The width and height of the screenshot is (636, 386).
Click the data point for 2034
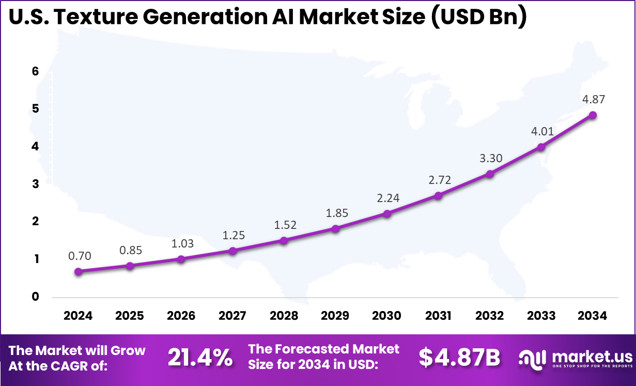click(593, 115)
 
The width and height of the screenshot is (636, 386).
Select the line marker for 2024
click(78, 271)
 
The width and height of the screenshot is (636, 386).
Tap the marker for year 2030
click(387, 213)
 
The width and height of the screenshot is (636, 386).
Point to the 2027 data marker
click(232, 251)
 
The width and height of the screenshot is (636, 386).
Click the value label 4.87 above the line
click(593, 100)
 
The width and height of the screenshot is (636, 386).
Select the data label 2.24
click(387, 198)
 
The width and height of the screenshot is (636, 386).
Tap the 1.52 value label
click(284, 225)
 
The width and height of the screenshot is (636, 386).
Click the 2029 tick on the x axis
click(335, 316)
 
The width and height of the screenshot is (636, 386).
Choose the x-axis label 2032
click(490, 316)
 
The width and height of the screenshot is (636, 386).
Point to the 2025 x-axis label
click(130, 316)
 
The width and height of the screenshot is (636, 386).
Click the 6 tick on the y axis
click(36, 72)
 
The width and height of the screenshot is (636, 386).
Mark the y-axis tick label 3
click(36, 184)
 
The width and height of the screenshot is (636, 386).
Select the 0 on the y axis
click(36, 297)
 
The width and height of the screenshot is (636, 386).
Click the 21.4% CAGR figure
click(200, 358)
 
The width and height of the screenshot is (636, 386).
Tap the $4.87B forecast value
click(459, 358)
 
